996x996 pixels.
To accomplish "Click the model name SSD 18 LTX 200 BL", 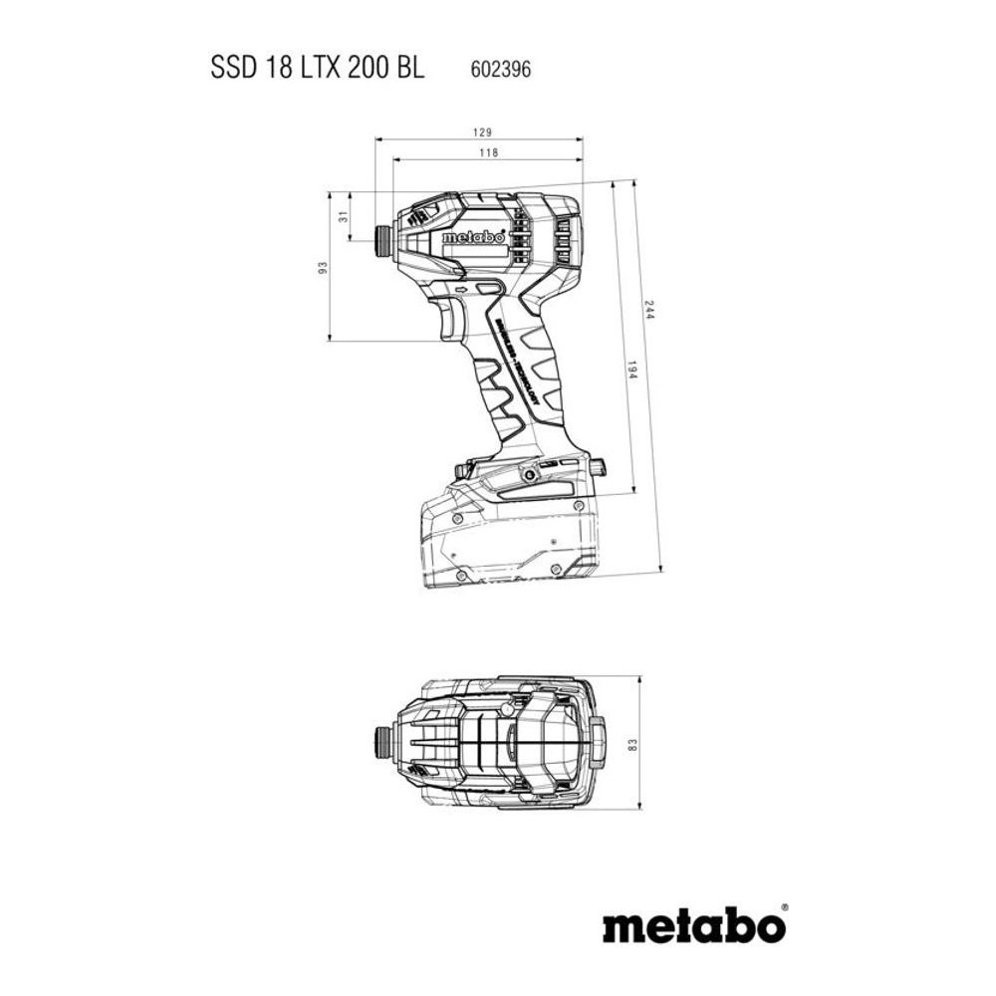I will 318,69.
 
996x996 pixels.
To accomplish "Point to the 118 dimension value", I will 487,153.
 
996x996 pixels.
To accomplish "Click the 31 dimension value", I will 344,216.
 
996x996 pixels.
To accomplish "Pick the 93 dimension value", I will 322,268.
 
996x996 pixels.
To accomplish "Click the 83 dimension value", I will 631,744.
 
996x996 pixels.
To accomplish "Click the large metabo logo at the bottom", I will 693,925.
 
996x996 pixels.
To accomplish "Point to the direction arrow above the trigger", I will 460,290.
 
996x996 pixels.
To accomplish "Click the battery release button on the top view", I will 597,742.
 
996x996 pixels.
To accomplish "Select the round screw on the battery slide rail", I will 526,476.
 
